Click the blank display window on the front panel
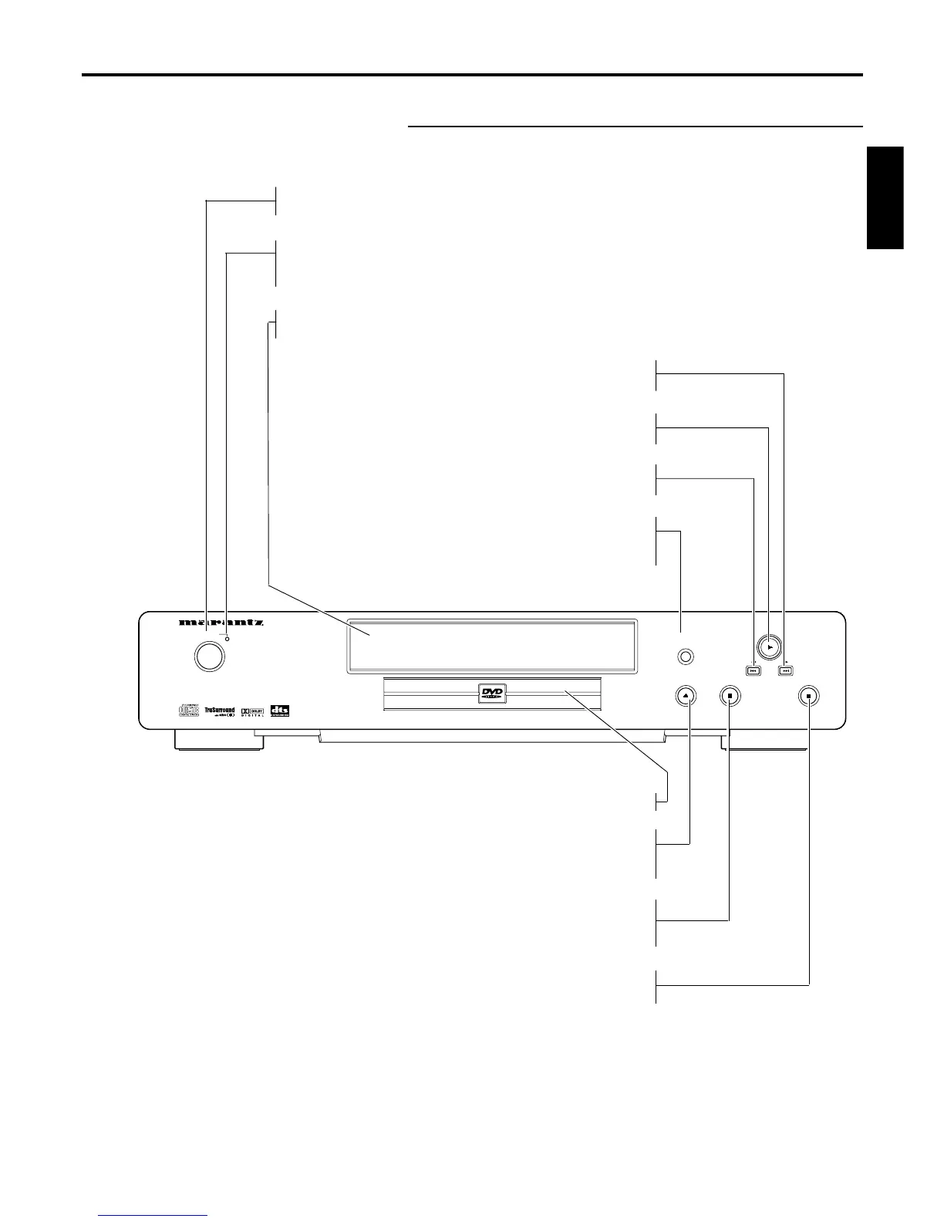(x=492, y=645)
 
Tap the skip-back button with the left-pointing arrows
(x=754, y=670)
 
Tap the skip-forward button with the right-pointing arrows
(x=785, y=670)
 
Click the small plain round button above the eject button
(x=683, y=657)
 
